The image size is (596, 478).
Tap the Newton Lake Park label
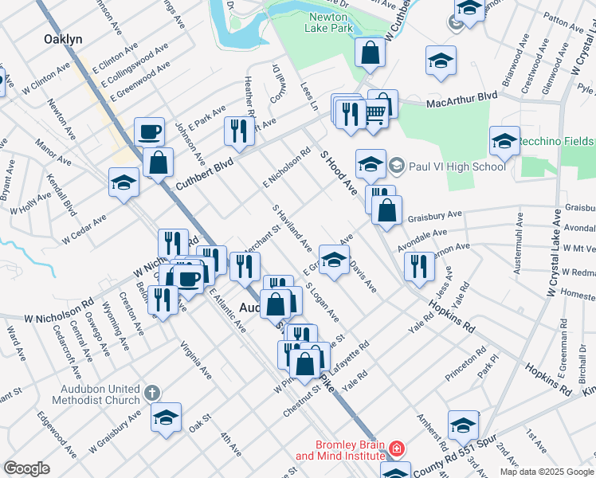point(327,22)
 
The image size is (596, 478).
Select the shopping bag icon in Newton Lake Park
point(371,53)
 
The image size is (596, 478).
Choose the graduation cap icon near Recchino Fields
point(504,141)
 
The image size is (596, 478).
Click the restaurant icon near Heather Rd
point(239,131)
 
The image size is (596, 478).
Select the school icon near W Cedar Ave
point(124,182)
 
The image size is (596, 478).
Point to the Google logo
point(27,468)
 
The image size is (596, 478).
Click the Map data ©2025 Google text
point(546,472)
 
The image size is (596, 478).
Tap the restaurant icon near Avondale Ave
point(419,267)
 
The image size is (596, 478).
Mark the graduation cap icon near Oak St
point(166,417)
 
